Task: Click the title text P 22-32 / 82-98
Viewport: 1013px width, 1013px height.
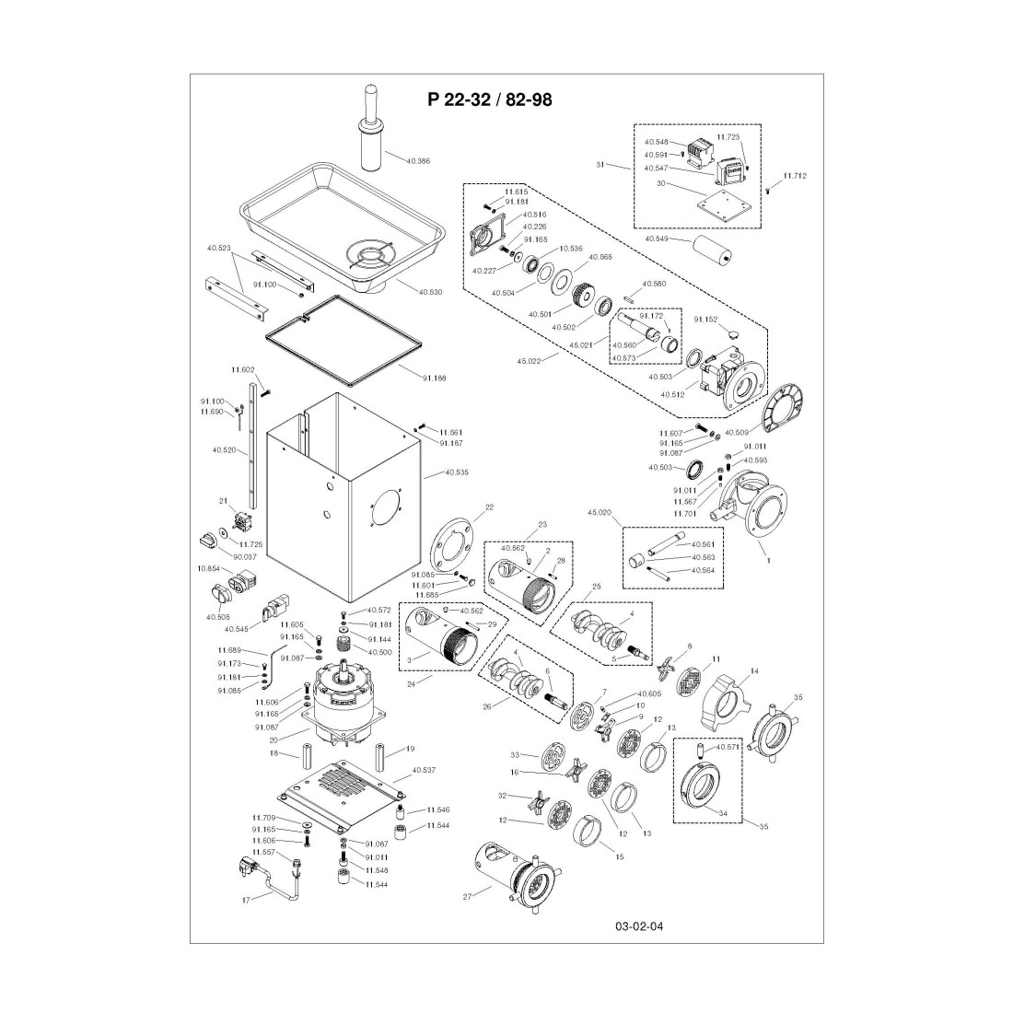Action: (489, 99)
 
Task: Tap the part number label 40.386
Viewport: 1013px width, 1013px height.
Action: (417, 160)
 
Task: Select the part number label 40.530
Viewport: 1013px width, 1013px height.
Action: (430, 292)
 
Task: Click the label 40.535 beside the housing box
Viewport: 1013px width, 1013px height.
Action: (456, 472)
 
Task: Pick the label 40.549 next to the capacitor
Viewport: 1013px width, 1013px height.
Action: (656, 239)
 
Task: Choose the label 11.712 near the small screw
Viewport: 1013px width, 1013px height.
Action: (795, 175)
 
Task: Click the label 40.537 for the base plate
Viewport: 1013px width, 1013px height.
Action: (424, 770)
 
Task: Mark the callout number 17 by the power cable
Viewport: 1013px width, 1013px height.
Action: (246, 900)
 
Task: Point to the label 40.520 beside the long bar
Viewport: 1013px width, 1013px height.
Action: (224, 450)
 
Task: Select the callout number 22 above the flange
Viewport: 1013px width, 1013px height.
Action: (489, 507)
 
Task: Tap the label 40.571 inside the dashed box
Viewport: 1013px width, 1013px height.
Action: (728, 748)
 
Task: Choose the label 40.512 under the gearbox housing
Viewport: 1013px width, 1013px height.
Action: (673, 394)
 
